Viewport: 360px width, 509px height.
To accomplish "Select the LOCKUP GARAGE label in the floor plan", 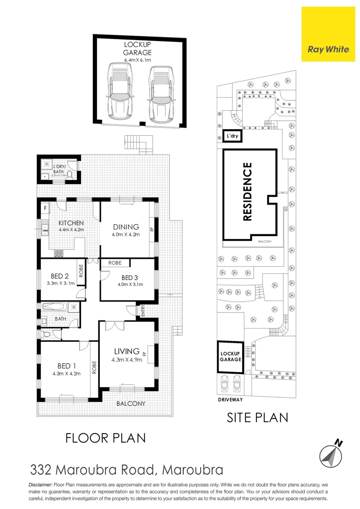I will coord(137,49).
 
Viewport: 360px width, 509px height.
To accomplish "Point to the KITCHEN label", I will coord(71,223).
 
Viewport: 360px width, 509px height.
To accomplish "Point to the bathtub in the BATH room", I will coord(55,307).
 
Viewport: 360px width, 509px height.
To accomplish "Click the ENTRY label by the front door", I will coord(143,311).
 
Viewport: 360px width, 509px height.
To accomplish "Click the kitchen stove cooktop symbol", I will coord(59,253).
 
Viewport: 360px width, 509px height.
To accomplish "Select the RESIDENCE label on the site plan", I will coord(247,192).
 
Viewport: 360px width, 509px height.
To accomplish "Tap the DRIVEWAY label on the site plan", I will coord(230,400).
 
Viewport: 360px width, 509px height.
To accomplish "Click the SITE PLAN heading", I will coord(257,417).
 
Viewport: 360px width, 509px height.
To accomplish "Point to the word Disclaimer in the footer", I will coord(41,484).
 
